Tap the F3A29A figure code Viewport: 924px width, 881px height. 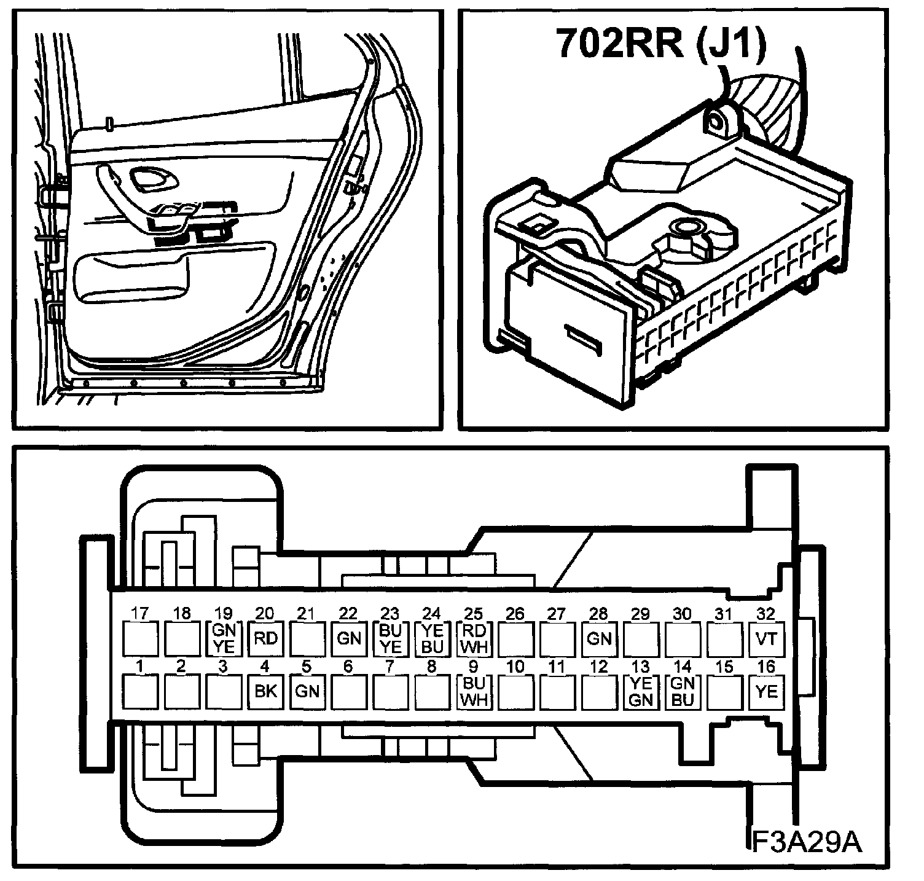tap(807, 842)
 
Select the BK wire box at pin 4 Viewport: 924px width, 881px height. tap(265, 691)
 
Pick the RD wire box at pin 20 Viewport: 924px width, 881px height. tap(265, 638)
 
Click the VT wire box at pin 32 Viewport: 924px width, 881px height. tap(766, 638)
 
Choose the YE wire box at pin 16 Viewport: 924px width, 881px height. tap(766, 691)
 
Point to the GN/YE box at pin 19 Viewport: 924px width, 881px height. tap(224, 638)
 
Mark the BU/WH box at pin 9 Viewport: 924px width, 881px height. tap(474, 691)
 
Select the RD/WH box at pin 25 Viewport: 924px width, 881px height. tap(474, 638)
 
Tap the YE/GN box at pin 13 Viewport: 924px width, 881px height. tap(641, 691)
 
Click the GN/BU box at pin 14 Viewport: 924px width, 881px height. tap(683, 691)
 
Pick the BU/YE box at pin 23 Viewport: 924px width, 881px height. tap(391, 638)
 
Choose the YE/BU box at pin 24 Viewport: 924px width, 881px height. tap(433, 638)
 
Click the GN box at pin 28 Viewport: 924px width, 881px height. tap(599, 638)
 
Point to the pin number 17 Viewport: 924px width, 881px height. tap(140, 613)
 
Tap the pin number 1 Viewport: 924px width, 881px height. tap(140, 666)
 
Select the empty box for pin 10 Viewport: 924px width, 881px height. tap(515, 691)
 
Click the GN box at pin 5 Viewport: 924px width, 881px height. tap(307, 691)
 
